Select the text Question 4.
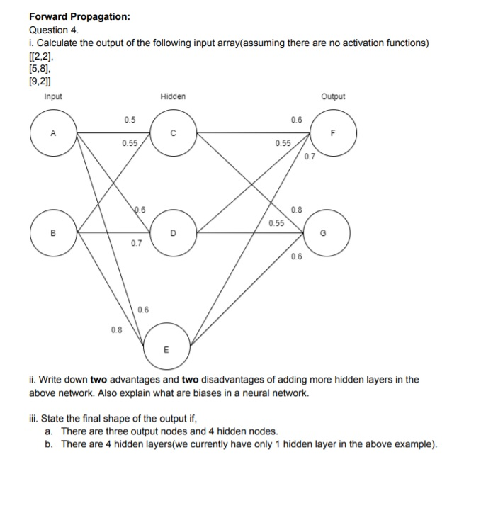[x=55, y=30]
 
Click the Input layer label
[x=52, y=96]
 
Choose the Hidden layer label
[x=173, y=96]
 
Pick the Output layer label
[x=333, y=96]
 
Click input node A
[x=54, y=132]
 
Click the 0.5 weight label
[x=129, y=119]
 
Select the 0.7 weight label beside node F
[x=309, y=157]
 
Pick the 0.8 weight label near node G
[x=296, y=210]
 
